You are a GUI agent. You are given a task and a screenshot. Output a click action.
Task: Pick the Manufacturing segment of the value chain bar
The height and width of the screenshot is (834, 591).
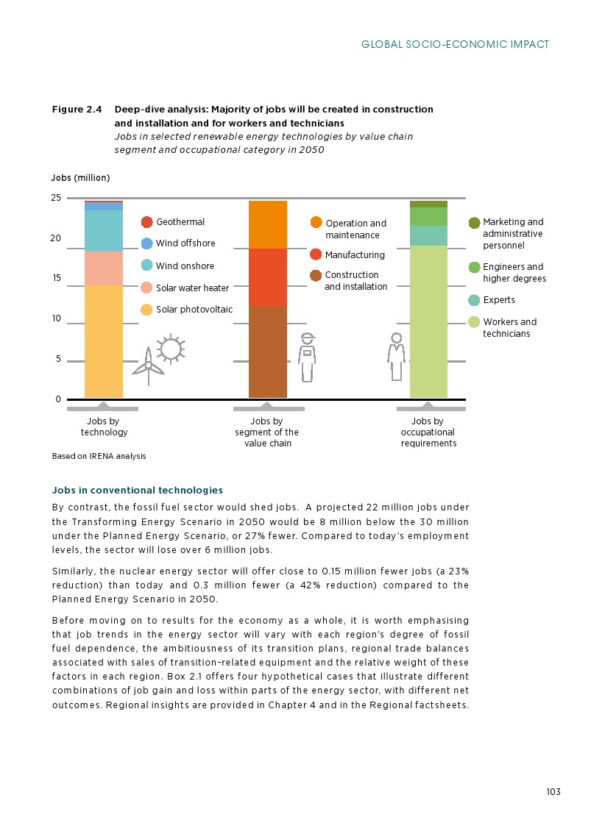[x=267, y=277]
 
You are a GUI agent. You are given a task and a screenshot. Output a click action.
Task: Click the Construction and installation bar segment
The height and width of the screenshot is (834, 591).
[x=267, y=352]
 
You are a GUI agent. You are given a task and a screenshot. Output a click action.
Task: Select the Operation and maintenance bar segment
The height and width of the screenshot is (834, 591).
[x=267, y=224]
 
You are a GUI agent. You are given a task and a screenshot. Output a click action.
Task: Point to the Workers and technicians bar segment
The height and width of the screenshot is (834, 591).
[x=428, y=321]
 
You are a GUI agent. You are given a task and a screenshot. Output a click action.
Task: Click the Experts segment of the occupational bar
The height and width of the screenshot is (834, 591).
[x=428, y=235]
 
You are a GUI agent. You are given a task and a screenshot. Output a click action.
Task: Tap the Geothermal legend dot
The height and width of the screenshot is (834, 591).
[x=147, y=222]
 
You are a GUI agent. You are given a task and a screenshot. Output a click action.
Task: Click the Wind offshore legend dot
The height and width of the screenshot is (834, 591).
[x=147, y=243]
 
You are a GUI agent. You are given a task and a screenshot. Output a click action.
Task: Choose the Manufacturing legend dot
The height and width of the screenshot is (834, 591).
[x=316, y=254]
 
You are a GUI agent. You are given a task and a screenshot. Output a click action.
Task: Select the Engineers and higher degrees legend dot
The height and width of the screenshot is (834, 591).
[x=475, y=267]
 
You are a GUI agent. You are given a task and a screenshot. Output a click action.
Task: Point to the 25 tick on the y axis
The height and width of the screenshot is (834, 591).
[x=56, y=199]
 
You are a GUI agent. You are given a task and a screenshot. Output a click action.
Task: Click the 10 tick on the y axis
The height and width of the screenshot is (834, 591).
[x=56, y=319]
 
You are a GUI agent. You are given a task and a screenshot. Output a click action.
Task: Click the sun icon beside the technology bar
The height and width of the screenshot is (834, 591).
[x=171, y=348]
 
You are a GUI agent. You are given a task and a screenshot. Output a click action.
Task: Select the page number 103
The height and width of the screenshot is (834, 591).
[x=553, y=792]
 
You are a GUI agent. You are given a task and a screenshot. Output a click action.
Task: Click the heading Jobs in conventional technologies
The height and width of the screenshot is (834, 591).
[x=138, y=490]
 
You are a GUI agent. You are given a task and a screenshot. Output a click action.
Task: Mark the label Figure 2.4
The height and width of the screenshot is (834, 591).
[x=77, y=110]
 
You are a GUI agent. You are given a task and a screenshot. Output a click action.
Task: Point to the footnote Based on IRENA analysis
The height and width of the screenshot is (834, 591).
[x=99, y=456]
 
